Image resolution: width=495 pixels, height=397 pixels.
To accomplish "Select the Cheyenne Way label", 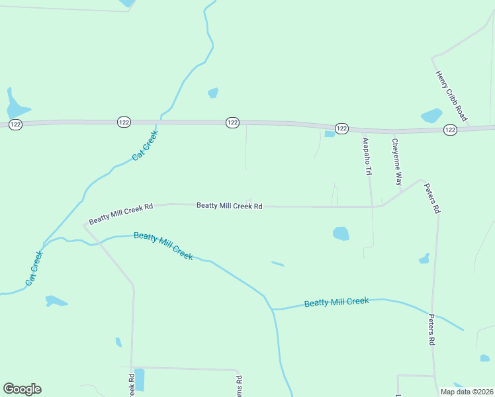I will [396, 161].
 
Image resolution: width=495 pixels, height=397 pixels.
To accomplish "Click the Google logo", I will [22, 389].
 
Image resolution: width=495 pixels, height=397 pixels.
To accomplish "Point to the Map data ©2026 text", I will [467, 392].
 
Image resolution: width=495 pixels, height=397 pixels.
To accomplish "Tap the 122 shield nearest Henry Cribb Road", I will [450, 130].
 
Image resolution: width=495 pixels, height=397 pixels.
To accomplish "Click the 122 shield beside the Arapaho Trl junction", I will [341, 128].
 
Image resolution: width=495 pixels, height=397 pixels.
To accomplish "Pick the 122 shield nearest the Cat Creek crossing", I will [124, 122].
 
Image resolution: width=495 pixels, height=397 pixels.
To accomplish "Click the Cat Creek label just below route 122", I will [146, 147].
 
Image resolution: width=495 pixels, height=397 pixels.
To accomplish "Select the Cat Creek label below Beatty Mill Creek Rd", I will [34, 268].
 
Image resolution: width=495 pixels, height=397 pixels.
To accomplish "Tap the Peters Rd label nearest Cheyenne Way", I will [432, 198].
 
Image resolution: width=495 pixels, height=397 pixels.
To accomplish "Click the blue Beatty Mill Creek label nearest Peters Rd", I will [336, 302].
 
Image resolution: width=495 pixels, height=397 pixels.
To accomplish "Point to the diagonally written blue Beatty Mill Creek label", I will [163, 245].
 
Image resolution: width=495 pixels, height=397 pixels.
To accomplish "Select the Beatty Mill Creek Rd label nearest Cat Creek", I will [121, 214].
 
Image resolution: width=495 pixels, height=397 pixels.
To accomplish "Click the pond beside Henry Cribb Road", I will [431, 116].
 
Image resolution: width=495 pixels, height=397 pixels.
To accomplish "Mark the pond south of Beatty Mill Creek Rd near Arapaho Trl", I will [341, 234].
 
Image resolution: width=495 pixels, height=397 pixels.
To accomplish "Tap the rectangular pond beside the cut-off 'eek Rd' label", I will [139, 379].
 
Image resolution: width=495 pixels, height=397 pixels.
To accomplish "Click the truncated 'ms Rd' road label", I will [239, 386].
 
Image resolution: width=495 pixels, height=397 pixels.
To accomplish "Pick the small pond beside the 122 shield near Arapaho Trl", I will [330, 134].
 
